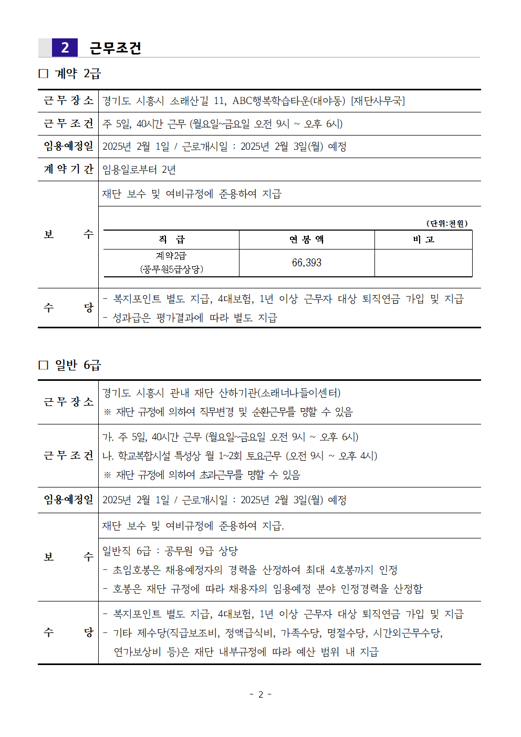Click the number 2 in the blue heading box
tap(65, 48)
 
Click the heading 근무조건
tap(115, 48)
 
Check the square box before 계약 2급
tap(44, 74)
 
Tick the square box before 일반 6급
tap(44, 365)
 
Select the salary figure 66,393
tap(307, 263)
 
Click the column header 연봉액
tap(307, 240)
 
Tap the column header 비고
tap(423, 240)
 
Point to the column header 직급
tap(171, 240)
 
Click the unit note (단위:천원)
tap(446, 223)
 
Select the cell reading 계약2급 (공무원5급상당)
tap(171, 263)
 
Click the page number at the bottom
tap(260, 694)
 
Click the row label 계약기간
tap(68, 169)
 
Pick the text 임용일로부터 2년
tap(139, 170)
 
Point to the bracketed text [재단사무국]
tap(378, 101)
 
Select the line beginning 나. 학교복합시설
tap(239, 456)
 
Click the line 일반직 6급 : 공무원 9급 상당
tap(170, 551)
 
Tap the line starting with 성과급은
tap(190, 318)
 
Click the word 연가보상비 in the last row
tap(137, 652)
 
